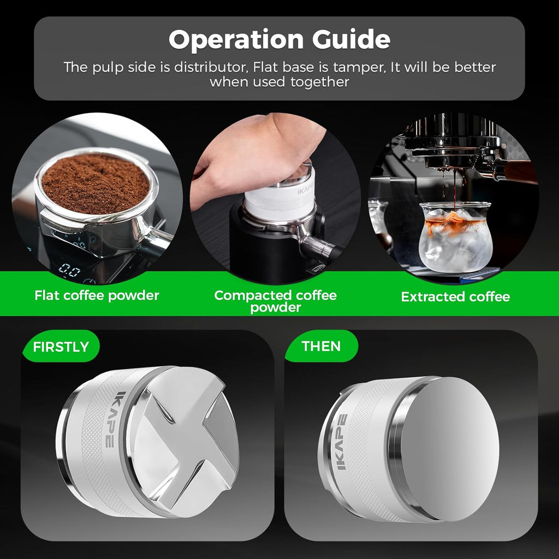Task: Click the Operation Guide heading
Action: coord(279,40)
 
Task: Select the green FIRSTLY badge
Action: coord(61,347)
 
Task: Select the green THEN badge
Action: coord(321,346)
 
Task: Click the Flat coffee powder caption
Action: coord(97,296)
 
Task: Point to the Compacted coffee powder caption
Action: coord(275,301)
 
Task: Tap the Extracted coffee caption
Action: coord(455,297)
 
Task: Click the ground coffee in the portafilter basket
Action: coord(96,182)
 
